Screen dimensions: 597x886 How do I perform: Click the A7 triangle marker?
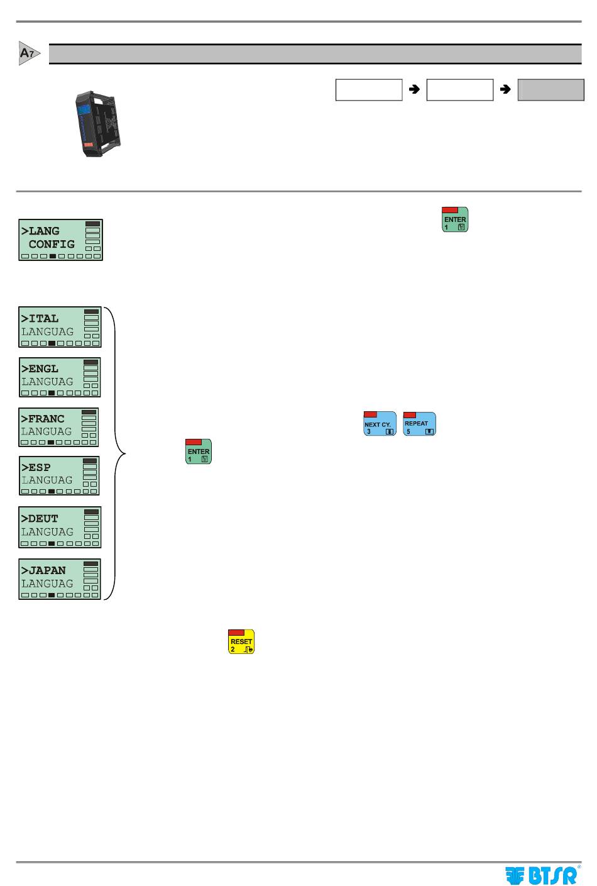click(x=28, y=53)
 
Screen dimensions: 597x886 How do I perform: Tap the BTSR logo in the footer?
click(x=542, y=875)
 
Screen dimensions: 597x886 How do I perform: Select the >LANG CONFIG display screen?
click(x=60, y=240)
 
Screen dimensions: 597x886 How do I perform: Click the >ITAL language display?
click(x=60, y=327)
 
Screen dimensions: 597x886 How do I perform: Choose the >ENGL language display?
click(x=60, y=377)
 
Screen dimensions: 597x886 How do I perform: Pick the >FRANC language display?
click(x=58, y=427)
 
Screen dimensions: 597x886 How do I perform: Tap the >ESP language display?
click(x=59, y=476)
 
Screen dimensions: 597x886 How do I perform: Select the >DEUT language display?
click(x=60, y=527)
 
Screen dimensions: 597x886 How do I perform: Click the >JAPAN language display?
click(x=60, y=579)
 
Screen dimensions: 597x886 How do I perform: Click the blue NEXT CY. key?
click(x=380, y=424)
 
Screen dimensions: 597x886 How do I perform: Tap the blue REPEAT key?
click(x=420, y=424)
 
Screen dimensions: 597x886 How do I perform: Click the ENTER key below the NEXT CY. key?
click(x=199, y=451)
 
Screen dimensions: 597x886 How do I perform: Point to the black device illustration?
click(x=97, y=124)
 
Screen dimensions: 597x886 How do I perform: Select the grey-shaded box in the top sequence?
click(x=550, y=90)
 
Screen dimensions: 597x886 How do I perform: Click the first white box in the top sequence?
click(x=369, y=90)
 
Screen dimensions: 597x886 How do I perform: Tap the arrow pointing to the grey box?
click(x=505, y=89)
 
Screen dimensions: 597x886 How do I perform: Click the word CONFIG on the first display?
click(x=52, y=245)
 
